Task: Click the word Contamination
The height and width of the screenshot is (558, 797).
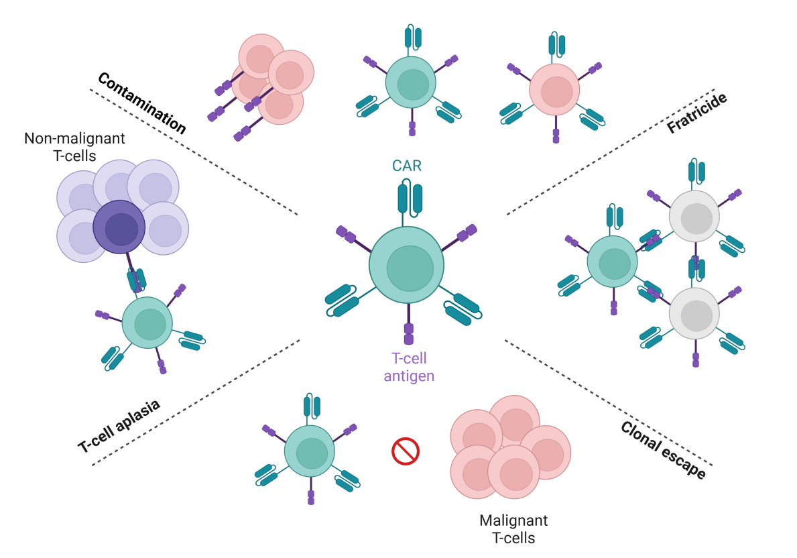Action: (x=141, y=102)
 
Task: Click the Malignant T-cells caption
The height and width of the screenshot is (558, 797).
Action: (x=513, y=529)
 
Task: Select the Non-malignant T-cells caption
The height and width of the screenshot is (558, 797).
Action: (x=74, y=147)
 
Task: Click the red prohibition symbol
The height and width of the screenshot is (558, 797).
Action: (x=405, y=451)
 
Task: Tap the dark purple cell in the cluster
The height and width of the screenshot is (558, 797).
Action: (x=119, y=227)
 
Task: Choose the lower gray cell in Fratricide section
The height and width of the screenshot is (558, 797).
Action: (x=694, y=313)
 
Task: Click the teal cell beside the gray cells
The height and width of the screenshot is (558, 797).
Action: (x=612, y=262)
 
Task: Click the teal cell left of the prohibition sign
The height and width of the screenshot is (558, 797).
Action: (x=310, y=451)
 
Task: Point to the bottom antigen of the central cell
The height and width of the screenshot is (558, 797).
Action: (x=409, y=333)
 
